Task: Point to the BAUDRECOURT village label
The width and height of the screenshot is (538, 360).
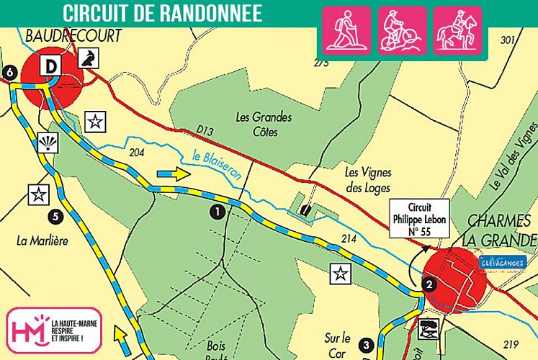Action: pyautogui.click(x=73, y=35)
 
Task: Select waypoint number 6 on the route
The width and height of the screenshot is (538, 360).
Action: pyautogui.click(x=9, y=72)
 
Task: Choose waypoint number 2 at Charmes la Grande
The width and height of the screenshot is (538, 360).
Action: pyautogui.click(x=429, y=283)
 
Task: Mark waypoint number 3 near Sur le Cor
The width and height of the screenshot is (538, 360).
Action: pyautogui.click(x=366, y=344)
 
